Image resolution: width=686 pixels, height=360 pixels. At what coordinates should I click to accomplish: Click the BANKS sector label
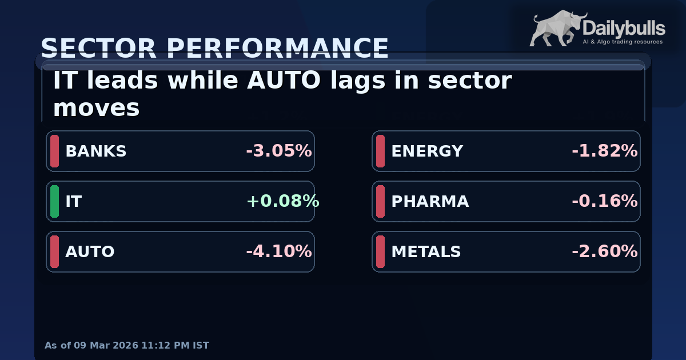95,151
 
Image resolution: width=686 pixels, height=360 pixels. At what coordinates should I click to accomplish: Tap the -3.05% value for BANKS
279,151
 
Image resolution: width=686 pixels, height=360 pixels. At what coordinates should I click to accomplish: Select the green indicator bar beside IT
54,202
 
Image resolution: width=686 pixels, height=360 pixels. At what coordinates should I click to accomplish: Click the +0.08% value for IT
282,202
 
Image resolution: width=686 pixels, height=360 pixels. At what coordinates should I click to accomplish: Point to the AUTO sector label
90,252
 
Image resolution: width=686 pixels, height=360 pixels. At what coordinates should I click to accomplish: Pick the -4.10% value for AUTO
279,252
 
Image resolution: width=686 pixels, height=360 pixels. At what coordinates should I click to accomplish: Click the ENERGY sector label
427,151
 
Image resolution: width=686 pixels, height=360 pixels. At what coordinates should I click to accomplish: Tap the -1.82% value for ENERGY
604,151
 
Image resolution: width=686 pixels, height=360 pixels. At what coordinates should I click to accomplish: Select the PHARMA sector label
430,202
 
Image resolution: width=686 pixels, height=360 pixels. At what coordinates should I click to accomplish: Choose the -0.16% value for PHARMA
604,202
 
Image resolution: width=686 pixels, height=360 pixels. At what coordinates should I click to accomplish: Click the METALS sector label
426,252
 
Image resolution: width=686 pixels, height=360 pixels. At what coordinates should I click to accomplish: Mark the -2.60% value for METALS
604,252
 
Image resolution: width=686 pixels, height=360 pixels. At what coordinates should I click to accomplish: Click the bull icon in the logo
553,29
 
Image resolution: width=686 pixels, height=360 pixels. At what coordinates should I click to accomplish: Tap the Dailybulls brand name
623,27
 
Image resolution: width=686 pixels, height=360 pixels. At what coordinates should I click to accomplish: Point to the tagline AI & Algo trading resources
622,42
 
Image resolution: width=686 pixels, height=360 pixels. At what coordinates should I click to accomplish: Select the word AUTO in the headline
284,81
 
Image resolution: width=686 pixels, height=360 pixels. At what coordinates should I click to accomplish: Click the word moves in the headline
96,108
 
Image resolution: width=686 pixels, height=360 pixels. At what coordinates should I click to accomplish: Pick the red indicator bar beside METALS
380,252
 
